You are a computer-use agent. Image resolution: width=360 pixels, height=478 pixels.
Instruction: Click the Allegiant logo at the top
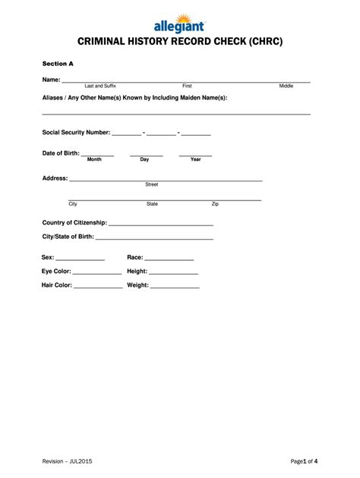point(180,20)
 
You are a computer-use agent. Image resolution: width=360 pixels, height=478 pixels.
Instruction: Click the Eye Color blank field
point(97,272)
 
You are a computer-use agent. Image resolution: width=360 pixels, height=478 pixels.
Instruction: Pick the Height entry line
point(173,272)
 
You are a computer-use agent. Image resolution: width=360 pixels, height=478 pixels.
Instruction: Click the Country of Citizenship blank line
point(161,225)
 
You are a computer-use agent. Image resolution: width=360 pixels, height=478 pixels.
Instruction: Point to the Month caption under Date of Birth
point(94,159)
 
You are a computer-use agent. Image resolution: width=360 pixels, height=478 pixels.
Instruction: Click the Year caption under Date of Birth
point(195,159)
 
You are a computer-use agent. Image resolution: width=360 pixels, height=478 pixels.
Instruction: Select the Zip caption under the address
point(215,204)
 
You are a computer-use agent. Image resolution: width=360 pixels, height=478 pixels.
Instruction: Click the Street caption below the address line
point(152,184)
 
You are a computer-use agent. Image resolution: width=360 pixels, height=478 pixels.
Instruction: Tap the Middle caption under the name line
point(286,86)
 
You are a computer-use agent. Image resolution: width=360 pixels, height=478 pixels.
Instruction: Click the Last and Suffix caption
point(100,86)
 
